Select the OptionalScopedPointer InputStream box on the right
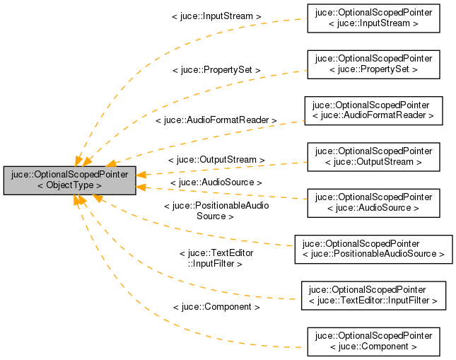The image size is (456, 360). point(373,18)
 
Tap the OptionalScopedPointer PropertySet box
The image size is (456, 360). point(373,64)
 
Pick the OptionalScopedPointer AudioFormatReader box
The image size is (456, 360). point(373,110)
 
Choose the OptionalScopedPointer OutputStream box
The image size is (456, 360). point(373,156)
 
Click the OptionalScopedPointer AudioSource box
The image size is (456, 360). point(373,202)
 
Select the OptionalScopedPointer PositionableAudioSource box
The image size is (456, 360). point(373,249)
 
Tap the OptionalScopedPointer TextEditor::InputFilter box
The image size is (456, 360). point(373,295)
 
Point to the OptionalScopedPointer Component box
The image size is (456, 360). point(373,341)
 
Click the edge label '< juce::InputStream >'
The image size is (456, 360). point(216,15)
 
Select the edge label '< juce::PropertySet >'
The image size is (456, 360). point(216,71)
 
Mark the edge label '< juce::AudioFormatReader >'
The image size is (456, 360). point(216,120)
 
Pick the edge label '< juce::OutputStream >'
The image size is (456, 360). point(216,160)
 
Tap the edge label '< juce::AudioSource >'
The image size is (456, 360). point(216,182)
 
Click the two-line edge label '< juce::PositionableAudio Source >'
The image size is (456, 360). point(216,211)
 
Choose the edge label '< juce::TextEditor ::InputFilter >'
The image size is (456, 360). point(216,257)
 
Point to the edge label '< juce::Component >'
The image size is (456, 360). point(216,307)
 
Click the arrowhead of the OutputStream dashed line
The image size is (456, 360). point(142,174)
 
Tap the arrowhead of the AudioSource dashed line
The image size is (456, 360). point(142,187)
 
